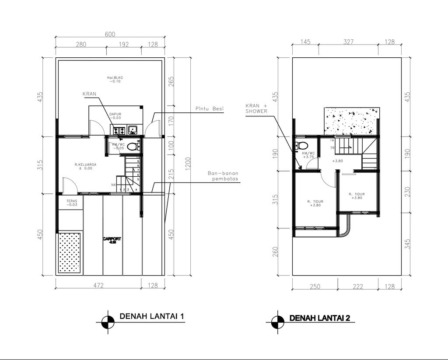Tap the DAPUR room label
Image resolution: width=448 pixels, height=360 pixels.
coord(115,116)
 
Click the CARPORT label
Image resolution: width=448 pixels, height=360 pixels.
coord(112,240)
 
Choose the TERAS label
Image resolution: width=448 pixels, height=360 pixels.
coord(72,203)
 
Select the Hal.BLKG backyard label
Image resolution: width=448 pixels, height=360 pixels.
coord(115,79)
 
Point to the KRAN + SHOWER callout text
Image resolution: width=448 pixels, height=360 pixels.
coord(256,108)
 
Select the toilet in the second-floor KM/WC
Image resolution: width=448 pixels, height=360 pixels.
coord(301,145)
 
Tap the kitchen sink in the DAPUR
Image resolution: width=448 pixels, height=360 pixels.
coord(133,129)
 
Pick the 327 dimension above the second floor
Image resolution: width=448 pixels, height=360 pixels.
coord(348,42)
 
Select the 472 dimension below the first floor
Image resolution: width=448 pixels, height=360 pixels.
coord(98,286)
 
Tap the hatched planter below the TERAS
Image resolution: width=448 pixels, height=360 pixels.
coord(70,253)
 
